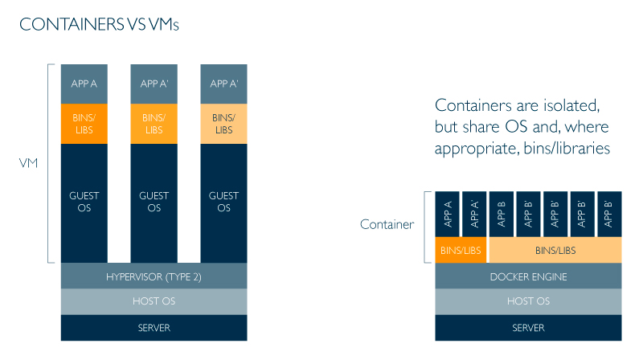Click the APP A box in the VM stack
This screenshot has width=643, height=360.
click(x=84, y=84)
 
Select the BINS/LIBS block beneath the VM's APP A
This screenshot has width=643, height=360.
click(x=84, y=124)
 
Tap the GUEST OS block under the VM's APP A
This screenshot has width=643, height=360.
click(x=84, y=202)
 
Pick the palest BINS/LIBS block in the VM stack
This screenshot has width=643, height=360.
click(x=223, y=124)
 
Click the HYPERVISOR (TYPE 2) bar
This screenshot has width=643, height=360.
click(x=154, y=276)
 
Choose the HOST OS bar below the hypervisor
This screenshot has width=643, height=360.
click(x=154, y=301)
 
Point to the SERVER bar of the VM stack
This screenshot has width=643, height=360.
click(x=154, y=328)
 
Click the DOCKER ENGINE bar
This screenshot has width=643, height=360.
click(x=528, y=276)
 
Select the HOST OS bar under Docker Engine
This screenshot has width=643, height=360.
click(x=528, y=301)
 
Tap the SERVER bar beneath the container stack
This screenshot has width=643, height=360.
click(x=528, y=328)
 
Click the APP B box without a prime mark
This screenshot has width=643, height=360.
click(x=501, y=214)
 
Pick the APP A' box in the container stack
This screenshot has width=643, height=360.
click(x=473, y=214)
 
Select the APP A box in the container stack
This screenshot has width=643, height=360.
click(x=447, y=214)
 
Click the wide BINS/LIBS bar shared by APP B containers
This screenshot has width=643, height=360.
click(x=555, y=251)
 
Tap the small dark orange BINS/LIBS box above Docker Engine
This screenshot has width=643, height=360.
click(x=461, y=251)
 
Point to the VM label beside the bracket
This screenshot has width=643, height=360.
click(x=28, y=163)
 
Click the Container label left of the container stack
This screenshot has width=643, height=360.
click(x=387, y=224)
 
